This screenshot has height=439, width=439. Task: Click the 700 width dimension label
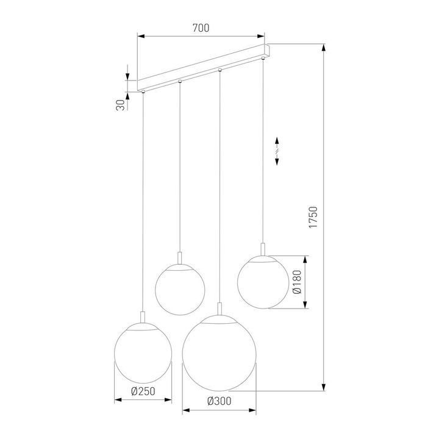tap(201, 28)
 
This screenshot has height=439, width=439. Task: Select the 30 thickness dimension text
tap(121, 104)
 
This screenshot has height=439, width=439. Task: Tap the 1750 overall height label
tap(313, 218)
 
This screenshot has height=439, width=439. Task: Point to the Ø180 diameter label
tap(296, 282)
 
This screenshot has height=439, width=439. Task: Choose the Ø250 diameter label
tap(143, 393)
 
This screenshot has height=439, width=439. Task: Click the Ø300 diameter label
tap(218, 401)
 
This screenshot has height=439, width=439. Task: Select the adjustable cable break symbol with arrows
tap(277, 150)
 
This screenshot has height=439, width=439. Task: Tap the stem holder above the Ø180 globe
tap(263, 250)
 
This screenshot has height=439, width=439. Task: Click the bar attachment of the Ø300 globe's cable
tap(220, 71)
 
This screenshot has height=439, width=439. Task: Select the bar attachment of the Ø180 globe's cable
tap(263, 59)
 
